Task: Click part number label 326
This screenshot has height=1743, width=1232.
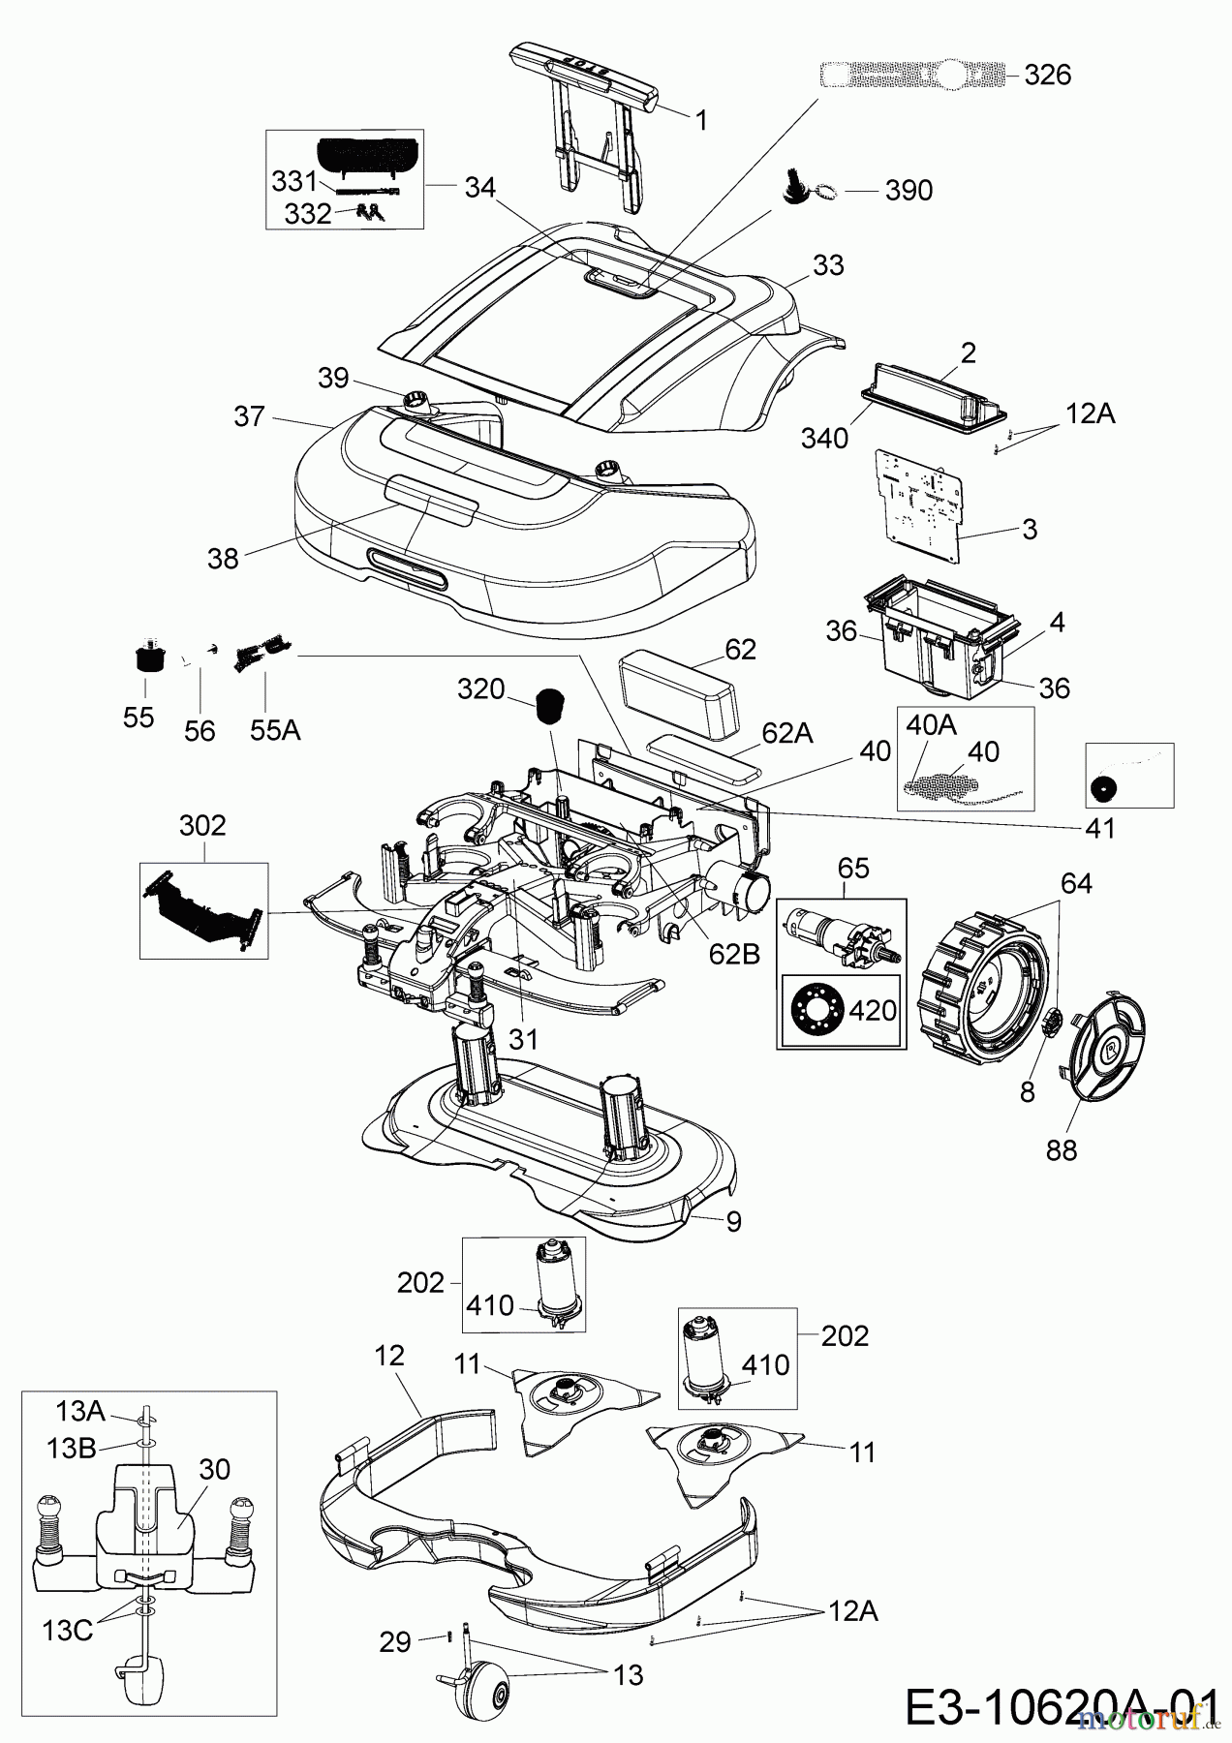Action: pos(1048,75)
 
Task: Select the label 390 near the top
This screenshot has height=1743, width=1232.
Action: pos(909,190)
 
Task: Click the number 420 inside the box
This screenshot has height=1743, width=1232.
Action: pos(872,1010)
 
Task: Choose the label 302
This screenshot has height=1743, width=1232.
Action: pos(202,825)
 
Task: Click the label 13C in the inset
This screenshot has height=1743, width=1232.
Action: pos(67,1630)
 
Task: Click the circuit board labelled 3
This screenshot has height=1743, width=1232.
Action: pos(920,504)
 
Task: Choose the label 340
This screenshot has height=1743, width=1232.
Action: pos(825,438)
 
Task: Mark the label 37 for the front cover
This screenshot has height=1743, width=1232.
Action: pos(249,415)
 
